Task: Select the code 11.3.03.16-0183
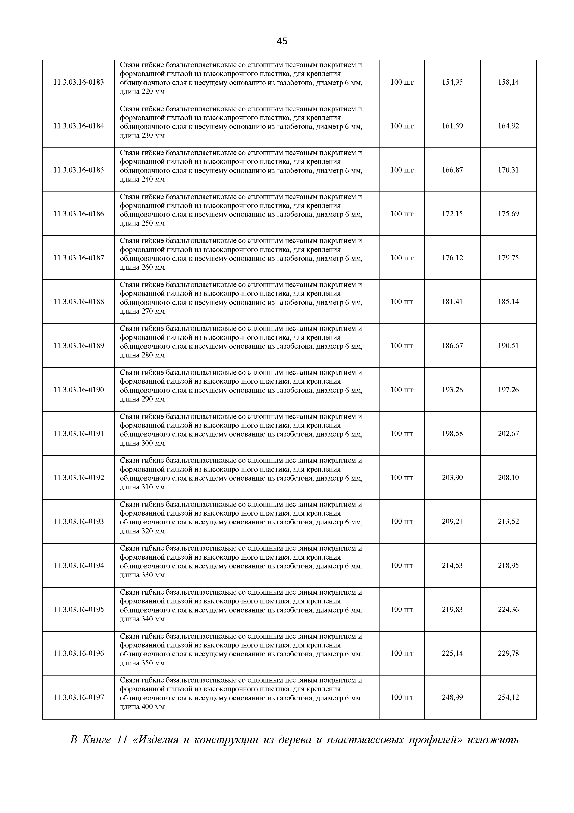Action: point(78,82)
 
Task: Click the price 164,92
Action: point(508,126)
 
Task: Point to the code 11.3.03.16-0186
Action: point(78,214)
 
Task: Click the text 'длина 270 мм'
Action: point(142,312)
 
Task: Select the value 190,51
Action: point(508,346)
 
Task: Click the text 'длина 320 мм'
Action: point(142,531)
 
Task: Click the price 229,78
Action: point(508,653)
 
